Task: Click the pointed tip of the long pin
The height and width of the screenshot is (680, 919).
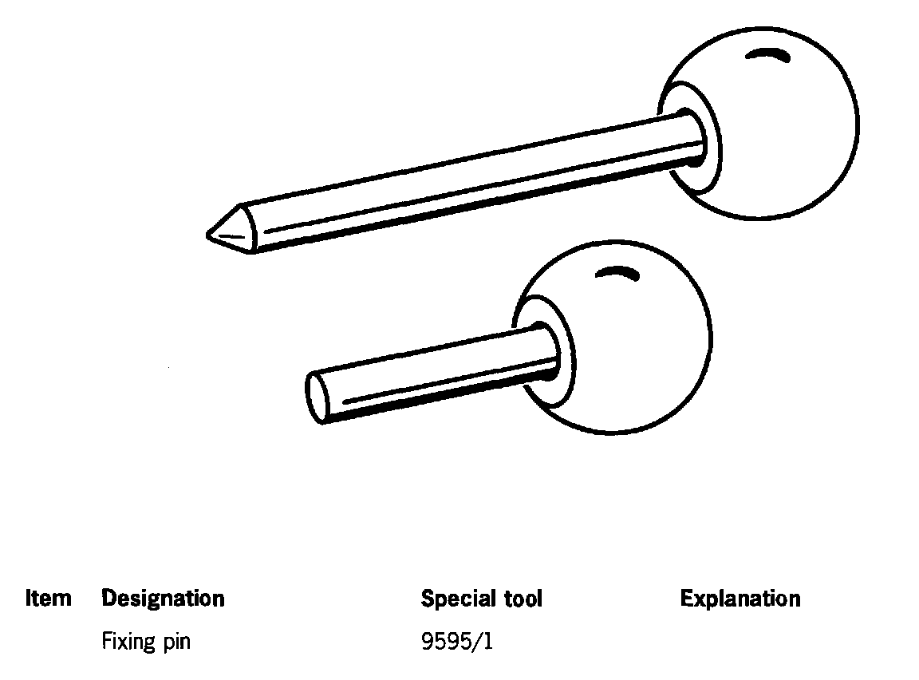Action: pos(210,234)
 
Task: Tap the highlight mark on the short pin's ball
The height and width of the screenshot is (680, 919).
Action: pos(620,274)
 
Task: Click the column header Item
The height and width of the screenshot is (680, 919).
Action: pos(49,598)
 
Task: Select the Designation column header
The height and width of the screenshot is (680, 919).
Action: pos(163,598)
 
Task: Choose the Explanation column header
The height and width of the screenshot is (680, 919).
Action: pos(740,598)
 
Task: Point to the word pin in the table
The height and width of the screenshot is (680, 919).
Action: pos(176,642)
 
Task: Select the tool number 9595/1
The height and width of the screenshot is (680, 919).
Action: pos(457,641)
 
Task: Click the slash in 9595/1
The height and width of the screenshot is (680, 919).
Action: pos(479,641)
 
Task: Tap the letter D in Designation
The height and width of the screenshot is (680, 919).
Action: pos(108,598)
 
